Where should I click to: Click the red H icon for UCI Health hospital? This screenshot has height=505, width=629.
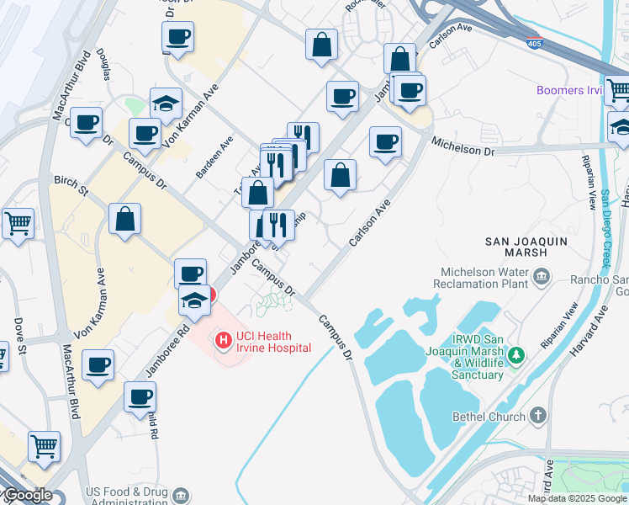click(x=224, y=341)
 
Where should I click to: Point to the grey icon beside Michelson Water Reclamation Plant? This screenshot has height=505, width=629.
click(x=541, y=274)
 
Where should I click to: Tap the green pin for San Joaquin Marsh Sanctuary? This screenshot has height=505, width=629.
click(x=520, y=357)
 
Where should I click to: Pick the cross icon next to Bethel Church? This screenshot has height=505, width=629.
click(x=539, y=416)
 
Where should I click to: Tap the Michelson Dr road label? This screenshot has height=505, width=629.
click(x=462, y=149)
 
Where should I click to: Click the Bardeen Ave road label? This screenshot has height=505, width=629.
click(x=225, y=152)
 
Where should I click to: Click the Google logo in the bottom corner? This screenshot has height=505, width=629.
click(x=27, y=495)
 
